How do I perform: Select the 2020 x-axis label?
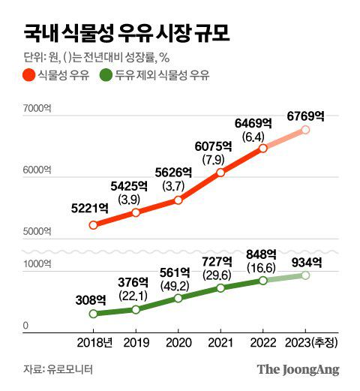pos(178,344)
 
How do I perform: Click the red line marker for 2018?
pos(93,224)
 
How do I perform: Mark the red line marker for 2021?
pos(220,173)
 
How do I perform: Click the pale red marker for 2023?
pos(306,130)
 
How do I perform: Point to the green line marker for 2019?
pos(136,309)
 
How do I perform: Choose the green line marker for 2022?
pos(263,281)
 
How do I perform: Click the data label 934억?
pos(306,262)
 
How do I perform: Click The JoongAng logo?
pos(298,369)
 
